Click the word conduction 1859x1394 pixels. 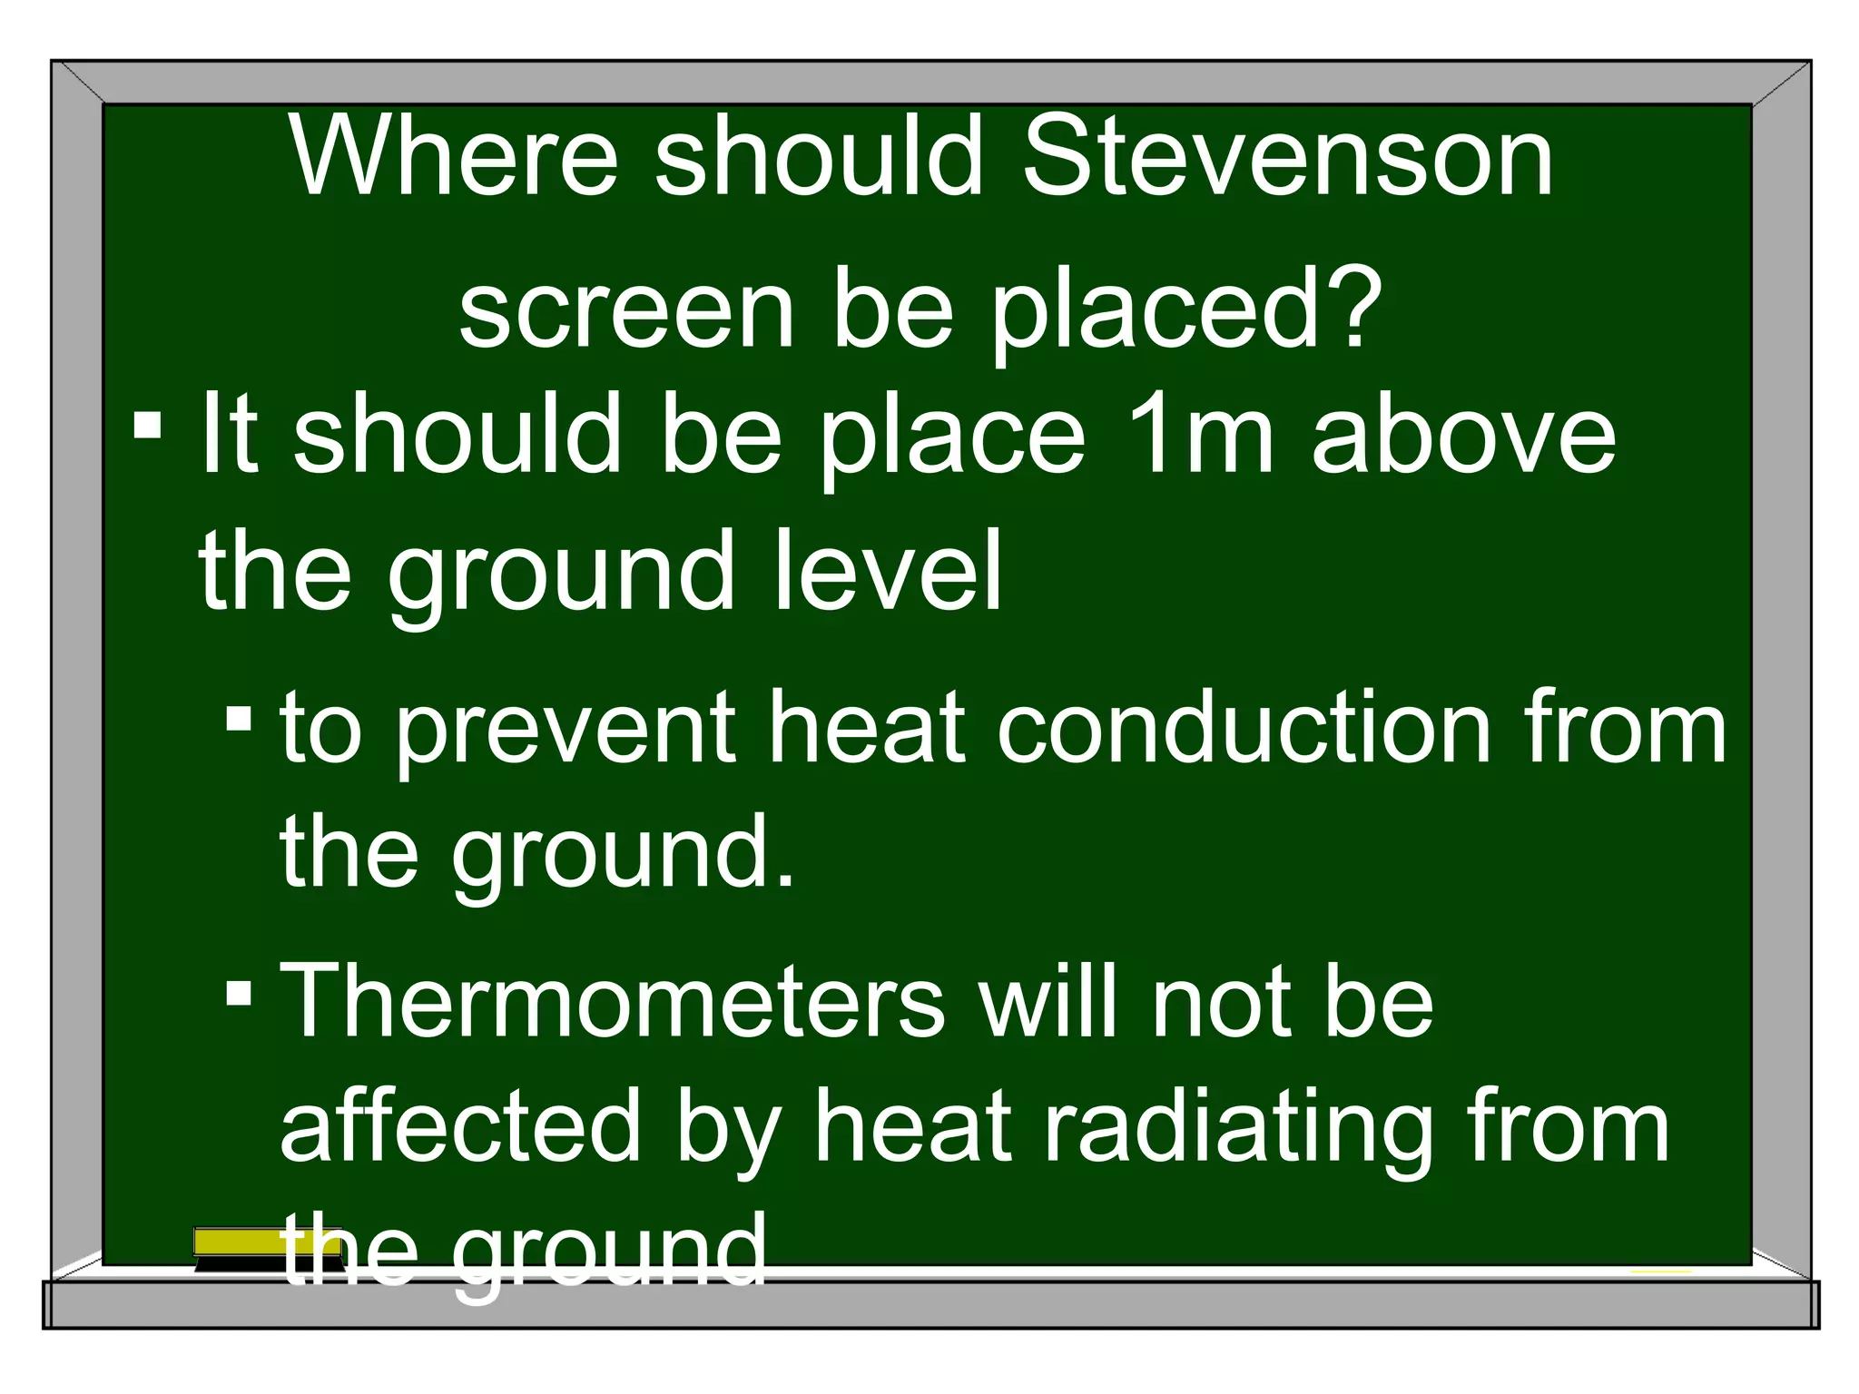1244,726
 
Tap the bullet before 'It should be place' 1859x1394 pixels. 147,426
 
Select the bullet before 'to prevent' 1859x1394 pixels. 239,720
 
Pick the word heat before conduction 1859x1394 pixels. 866,726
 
